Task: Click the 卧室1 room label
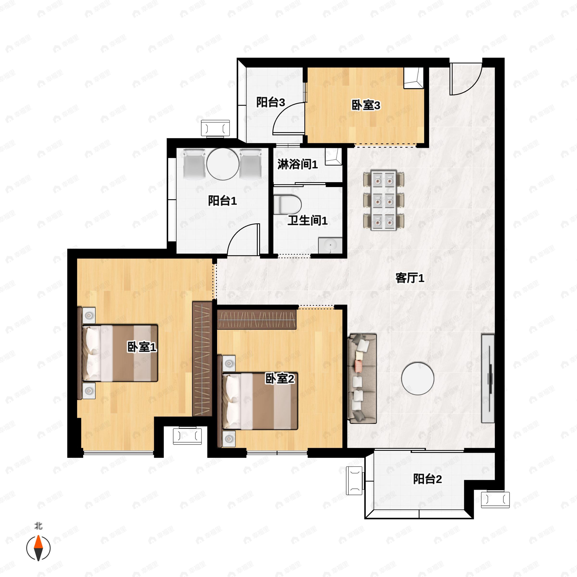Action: coord(142,347)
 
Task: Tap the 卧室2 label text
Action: coord(280,379)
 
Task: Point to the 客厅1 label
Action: coord(410,278)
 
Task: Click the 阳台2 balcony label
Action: coord(427,479)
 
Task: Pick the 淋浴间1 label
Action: coord(297,164)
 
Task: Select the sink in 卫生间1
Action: coord(330,245)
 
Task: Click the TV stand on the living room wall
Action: coord(488,378)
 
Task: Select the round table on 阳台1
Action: coord(223,164)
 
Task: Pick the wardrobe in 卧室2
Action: coord(257,319)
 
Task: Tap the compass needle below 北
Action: coord(38,548)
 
